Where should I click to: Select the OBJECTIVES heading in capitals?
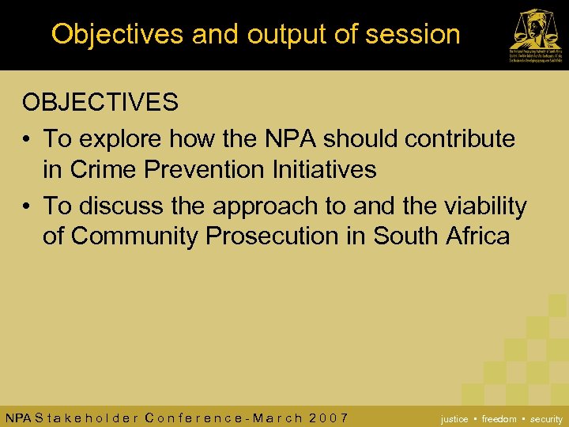click(100, 102)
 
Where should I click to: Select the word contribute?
click(460, 139)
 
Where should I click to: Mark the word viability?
click(483, 206)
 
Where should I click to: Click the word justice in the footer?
click(454, 419)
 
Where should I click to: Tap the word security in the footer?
click(546, 419)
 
